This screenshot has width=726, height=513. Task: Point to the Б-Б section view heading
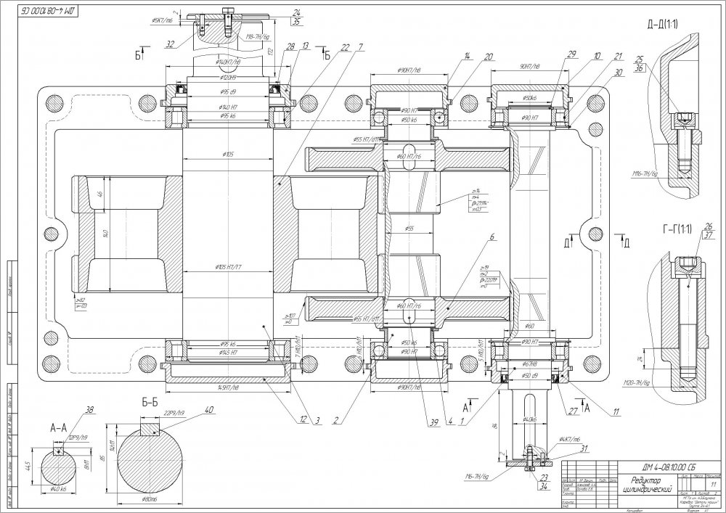(150, 402)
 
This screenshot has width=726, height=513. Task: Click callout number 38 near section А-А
(90, 411)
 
